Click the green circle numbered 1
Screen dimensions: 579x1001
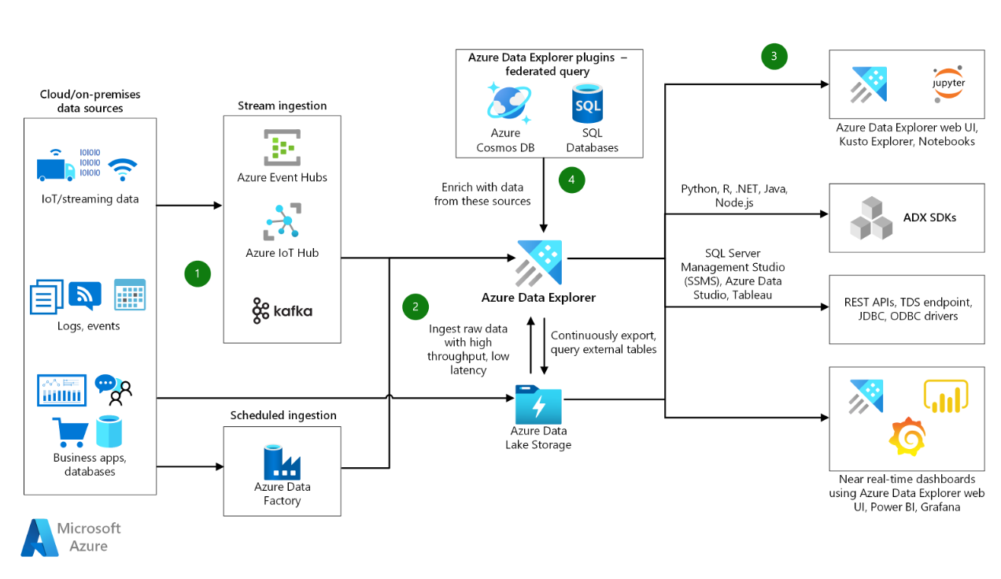198,273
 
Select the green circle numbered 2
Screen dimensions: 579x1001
416,306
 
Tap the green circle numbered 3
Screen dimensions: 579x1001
774,56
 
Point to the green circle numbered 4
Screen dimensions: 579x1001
572,180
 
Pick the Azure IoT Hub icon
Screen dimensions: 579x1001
282,221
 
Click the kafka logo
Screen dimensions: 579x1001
282,310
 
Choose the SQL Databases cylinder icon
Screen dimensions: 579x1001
587,104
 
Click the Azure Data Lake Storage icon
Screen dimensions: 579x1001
538,404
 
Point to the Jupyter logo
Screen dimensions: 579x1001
948,84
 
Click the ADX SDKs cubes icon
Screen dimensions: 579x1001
871,218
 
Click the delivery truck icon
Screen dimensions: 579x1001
56,169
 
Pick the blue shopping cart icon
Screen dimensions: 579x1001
70,432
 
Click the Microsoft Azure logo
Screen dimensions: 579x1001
71,536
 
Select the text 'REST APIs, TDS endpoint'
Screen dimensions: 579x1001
907,302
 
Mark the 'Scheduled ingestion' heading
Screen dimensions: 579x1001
283,415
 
